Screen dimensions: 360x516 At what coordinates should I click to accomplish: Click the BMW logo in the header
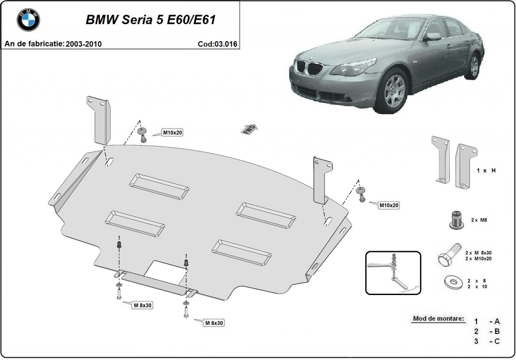click(28, 20)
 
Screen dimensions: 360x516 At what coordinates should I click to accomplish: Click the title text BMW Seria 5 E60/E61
click(153, 20)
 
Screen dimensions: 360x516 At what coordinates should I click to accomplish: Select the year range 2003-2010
click(84, 44)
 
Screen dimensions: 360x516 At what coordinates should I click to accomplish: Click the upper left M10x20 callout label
click(172, 133)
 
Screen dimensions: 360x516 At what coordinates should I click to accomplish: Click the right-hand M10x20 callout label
click(388, 205)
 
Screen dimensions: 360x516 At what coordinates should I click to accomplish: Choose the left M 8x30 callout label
click(143, 305)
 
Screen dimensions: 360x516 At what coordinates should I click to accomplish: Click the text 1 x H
click(486, 171)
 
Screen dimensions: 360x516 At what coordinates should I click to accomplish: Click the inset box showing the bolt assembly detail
click(393, 273)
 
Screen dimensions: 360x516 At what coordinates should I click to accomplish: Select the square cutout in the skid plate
click(166, 270)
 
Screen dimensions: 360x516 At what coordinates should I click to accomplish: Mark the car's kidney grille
click(312, 69)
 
